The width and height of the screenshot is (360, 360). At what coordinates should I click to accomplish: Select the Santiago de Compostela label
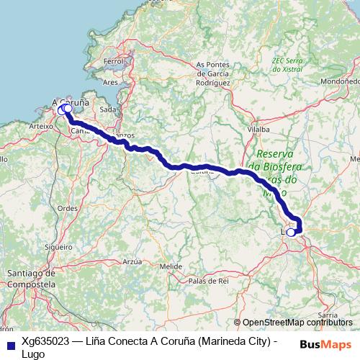(30, 279)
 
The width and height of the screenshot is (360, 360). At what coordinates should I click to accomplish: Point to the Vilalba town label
(257, 131)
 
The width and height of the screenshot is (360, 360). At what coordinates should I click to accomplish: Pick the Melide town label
(171, 266)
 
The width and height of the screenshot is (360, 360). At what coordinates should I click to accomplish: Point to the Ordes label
(68, 208)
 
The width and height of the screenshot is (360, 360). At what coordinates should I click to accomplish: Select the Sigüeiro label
(58, 246)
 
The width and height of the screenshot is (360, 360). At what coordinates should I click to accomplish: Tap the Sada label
(109, 109)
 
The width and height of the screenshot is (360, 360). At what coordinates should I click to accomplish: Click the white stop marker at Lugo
(291, 232)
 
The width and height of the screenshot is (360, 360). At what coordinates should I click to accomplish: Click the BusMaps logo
(327, 343)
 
